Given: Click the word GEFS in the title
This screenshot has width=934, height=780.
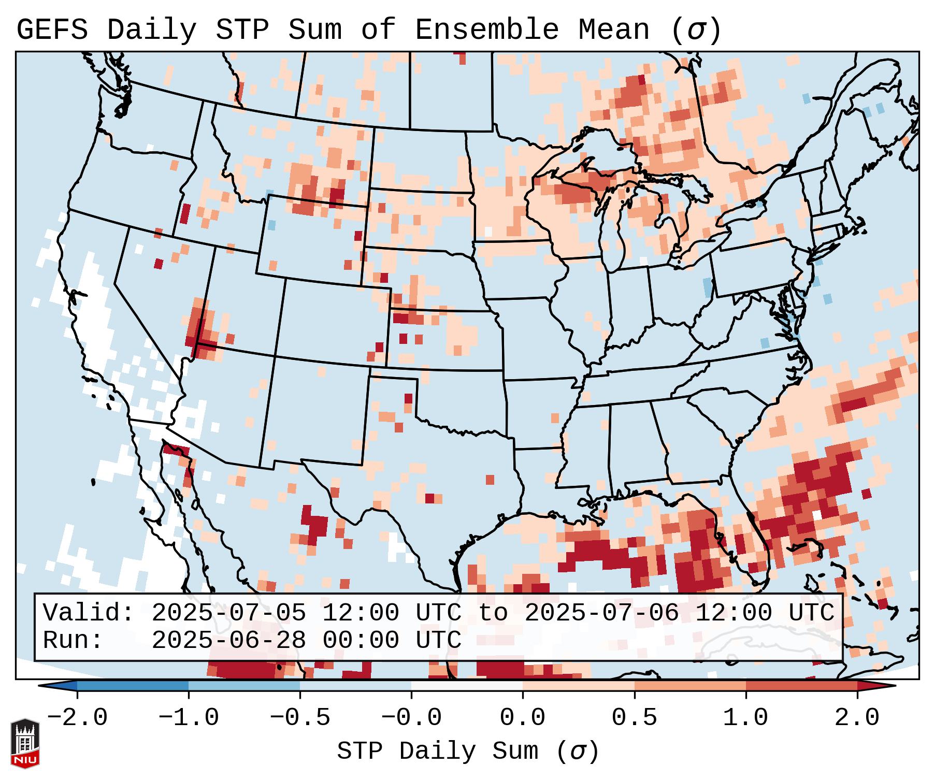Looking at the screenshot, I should coord(52,30).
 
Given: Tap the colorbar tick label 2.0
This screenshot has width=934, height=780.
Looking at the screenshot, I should coord(857,718).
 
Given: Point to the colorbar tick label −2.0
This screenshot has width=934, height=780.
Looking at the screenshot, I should coord(77,718).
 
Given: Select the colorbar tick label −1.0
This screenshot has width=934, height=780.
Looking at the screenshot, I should coord(189,718).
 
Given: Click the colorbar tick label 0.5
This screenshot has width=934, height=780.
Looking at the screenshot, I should coord(634,718).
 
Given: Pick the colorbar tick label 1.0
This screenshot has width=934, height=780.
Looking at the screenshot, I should coord(745,718).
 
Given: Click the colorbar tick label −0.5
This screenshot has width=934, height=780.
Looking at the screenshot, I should coord(300,718).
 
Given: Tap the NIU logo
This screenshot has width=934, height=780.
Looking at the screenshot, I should coord(25,743).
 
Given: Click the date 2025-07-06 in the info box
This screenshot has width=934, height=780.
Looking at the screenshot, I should coord(601,613).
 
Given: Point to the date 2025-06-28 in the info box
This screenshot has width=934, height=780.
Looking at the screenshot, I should coord(228,640).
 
